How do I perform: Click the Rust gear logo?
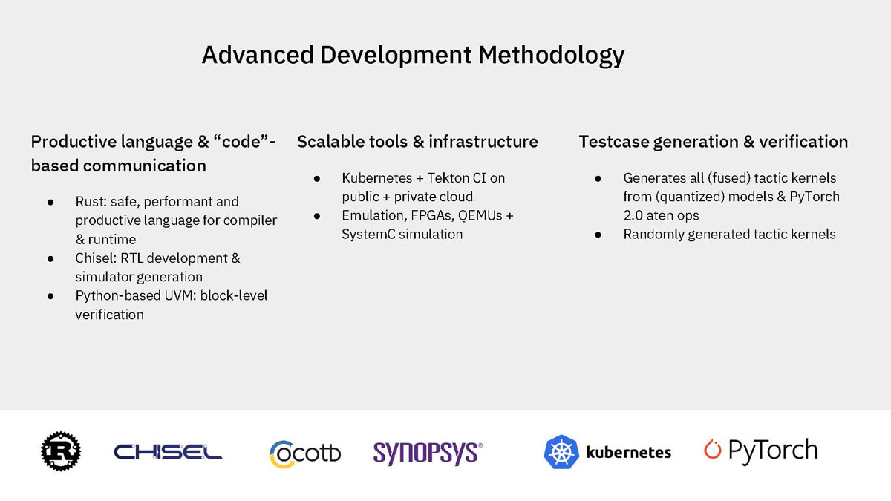(61, 451)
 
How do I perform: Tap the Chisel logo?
(168, 452)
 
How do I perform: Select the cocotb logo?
(305, 453)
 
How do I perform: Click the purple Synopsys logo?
(428, 453)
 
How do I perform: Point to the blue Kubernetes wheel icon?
(561, 452)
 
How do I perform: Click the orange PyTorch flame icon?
(712, 449)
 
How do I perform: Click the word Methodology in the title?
(551, 55)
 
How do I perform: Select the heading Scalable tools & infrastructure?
(417, 142)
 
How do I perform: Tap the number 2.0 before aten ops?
(633, 215)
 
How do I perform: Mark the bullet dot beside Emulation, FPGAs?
(317, 216)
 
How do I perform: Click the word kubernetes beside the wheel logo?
(628, 453)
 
